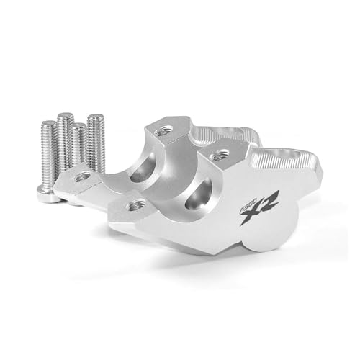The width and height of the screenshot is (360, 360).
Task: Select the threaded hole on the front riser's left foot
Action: tap(135, 206)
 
